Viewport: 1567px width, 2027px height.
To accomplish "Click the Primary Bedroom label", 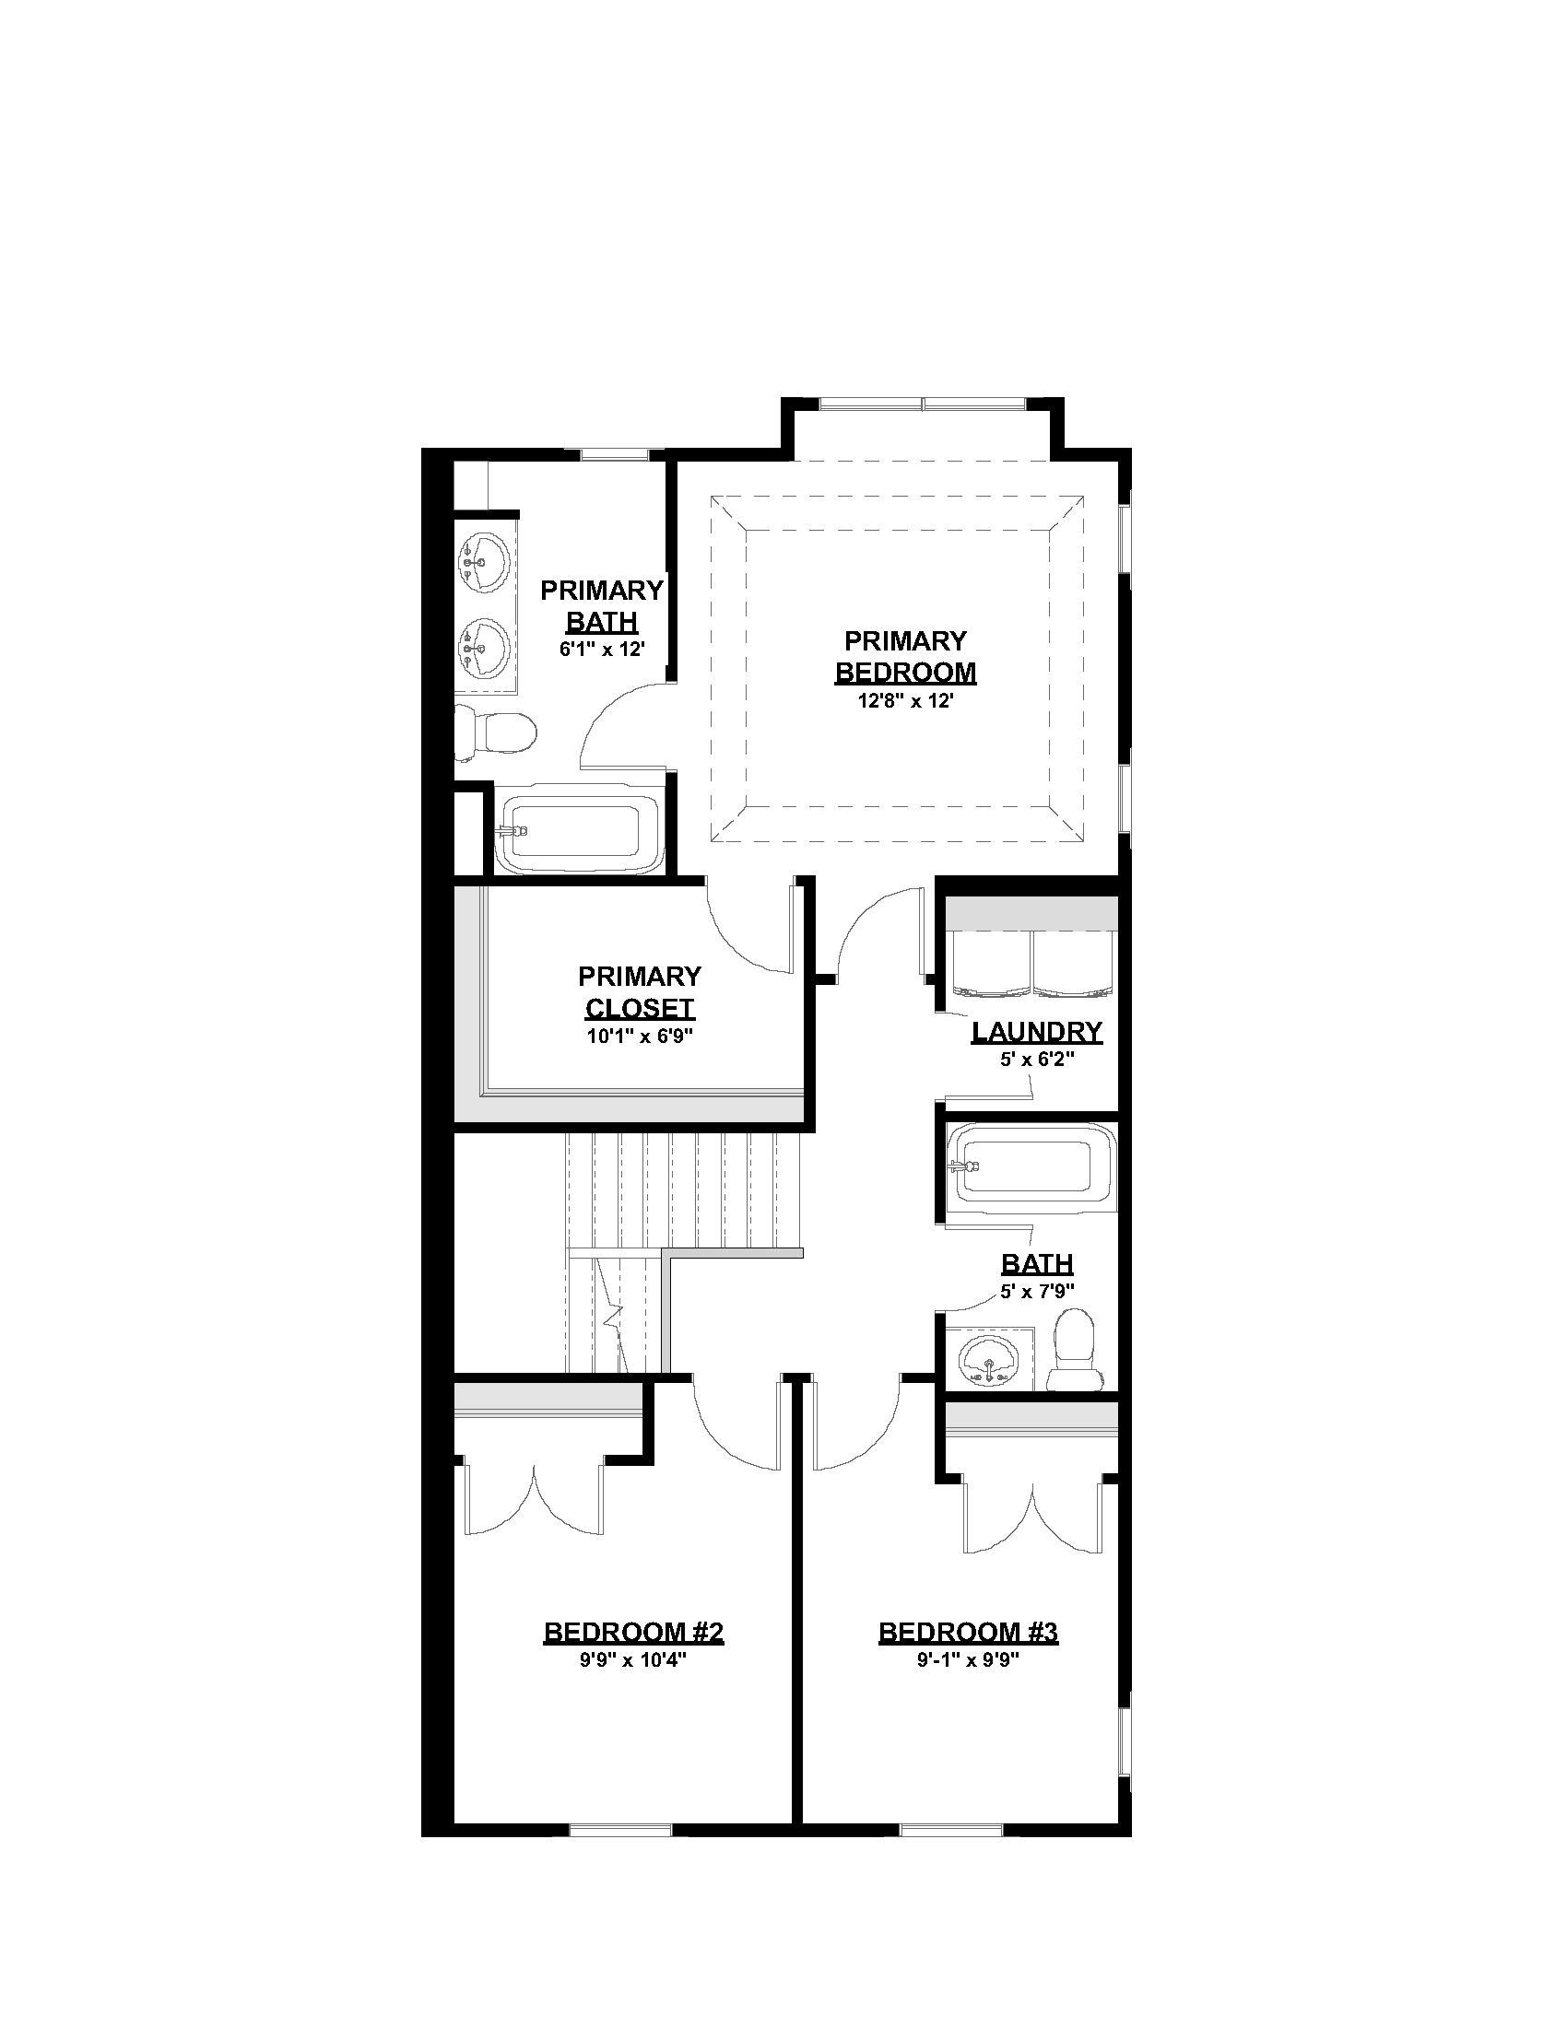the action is point(905,656).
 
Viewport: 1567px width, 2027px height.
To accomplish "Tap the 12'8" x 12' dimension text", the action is point(905,701).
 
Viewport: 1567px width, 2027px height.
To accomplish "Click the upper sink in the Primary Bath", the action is point(484,562).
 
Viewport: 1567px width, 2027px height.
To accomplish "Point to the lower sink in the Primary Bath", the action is point(484,648).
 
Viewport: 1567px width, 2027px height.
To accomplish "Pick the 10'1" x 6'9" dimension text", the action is point(640,1036).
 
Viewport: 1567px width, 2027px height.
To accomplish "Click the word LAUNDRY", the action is point(1037,1031).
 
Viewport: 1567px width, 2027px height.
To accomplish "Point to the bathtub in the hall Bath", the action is point(1031,1171).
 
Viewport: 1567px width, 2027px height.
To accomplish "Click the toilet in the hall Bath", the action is point(1076,1351).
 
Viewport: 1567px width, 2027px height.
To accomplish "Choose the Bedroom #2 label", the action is point(634,1633).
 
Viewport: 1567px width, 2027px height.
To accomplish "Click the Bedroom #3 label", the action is point(968,1633).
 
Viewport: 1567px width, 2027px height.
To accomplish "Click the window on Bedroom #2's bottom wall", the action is point(620,1830).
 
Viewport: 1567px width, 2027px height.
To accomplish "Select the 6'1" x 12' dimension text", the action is point(602,650).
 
